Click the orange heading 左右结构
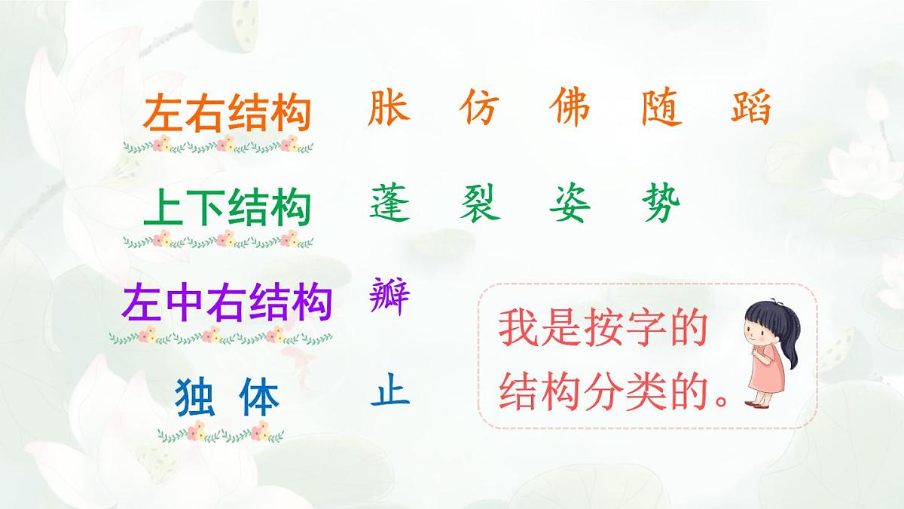click(x=227, y=114)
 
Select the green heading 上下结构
click(x=227, y=208)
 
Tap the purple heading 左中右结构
click(x=227, y=302)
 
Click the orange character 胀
click(x=389, y=108)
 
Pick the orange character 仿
click(x=479, y=108)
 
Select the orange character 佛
click(x=570, y=108)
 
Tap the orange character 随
click(x=661, y=108)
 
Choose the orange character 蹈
click(x=751, y=108)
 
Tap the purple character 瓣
click(x=389, y=296)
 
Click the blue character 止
click(x=389, y=391)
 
